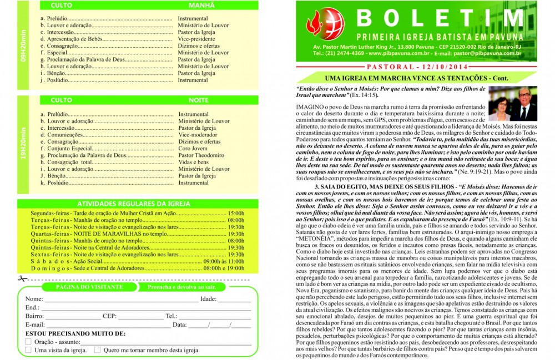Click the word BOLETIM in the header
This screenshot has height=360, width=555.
[x=438, y=18]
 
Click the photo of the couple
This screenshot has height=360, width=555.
[x=513, y=104]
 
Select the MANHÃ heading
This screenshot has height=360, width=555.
[x=198, y=5]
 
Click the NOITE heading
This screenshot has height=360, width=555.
[x=198, y=100]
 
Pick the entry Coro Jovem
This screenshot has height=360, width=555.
[x=193, y=148]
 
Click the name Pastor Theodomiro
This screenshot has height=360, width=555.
[x=201, y=155]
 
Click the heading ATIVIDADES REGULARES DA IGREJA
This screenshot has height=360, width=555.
[x=131, y=204]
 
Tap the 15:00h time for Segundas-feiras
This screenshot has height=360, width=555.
[x=236, y=213]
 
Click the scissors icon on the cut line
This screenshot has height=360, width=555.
[x=21, y=279]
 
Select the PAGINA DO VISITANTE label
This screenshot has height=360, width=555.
[x=82, y=287]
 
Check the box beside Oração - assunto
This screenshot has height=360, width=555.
[x=28, y=342]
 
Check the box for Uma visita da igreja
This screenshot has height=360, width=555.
[x=28, y=350]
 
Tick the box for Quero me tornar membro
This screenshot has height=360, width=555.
[x=97, y=350]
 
